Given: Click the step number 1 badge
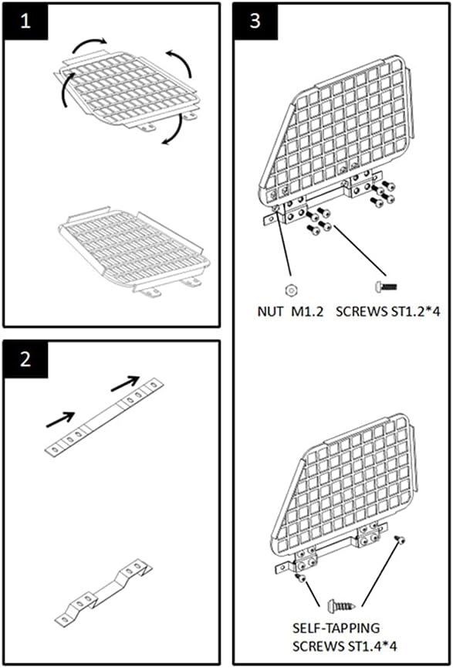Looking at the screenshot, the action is coord(25,22).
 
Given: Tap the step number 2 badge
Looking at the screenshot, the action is coord(25,359).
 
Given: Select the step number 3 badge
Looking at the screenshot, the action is coord(255,22).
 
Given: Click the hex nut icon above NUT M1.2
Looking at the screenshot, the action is coord(290,290).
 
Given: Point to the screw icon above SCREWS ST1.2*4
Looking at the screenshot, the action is coord(386,287).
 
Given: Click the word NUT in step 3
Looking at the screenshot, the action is coord(270,311).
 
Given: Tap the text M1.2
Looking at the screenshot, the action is coord(307,311).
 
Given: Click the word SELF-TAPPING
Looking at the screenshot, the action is coord(336,628).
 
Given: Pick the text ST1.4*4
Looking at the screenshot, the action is coord(373,646).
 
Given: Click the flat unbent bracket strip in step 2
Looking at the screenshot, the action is coord(104,418).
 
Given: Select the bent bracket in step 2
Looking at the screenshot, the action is coord(104,593).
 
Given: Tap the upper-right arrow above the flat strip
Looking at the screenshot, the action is coord(125,383).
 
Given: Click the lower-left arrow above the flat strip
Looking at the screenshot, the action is coord(60,419).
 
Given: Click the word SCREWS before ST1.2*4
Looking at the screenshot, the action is coord(359,311).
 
